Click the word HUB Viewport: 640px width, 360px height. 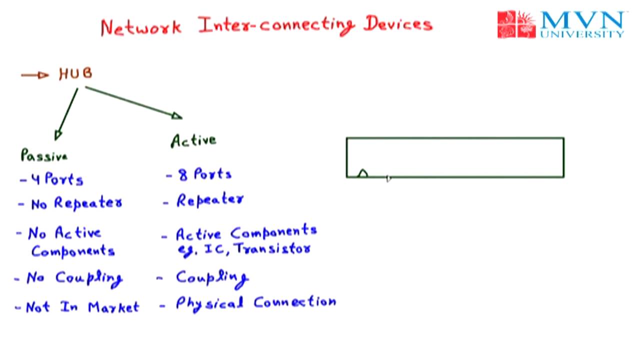pos(75,74)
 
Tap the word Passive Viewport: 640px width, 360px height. pos(44,155)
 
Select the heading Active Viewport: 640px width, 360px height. pos(193,140)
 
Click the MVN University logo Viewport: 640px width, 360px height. pos(560,24)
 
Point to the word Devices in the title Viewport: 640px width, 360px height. pos(397,24)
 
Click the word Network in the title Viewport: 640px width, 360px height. pos(140,26)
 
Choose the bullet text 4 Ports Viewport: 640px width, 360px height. pos(56,179)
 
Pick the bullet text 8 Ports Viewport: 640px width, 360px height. pos(205,174)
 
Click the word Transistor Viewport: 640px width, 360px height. pos(272,248)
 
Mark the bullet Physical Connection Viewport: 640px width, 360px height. pos(255,303)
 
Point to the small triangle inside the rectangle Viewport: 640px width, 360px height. pos(362,173)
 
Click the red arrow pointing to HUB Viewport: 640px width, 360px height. pos(34,75)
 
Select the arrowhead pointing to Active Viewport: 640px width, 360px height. pos(177,116)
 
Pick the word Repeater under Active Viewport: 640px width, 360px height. pos(210,200)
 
